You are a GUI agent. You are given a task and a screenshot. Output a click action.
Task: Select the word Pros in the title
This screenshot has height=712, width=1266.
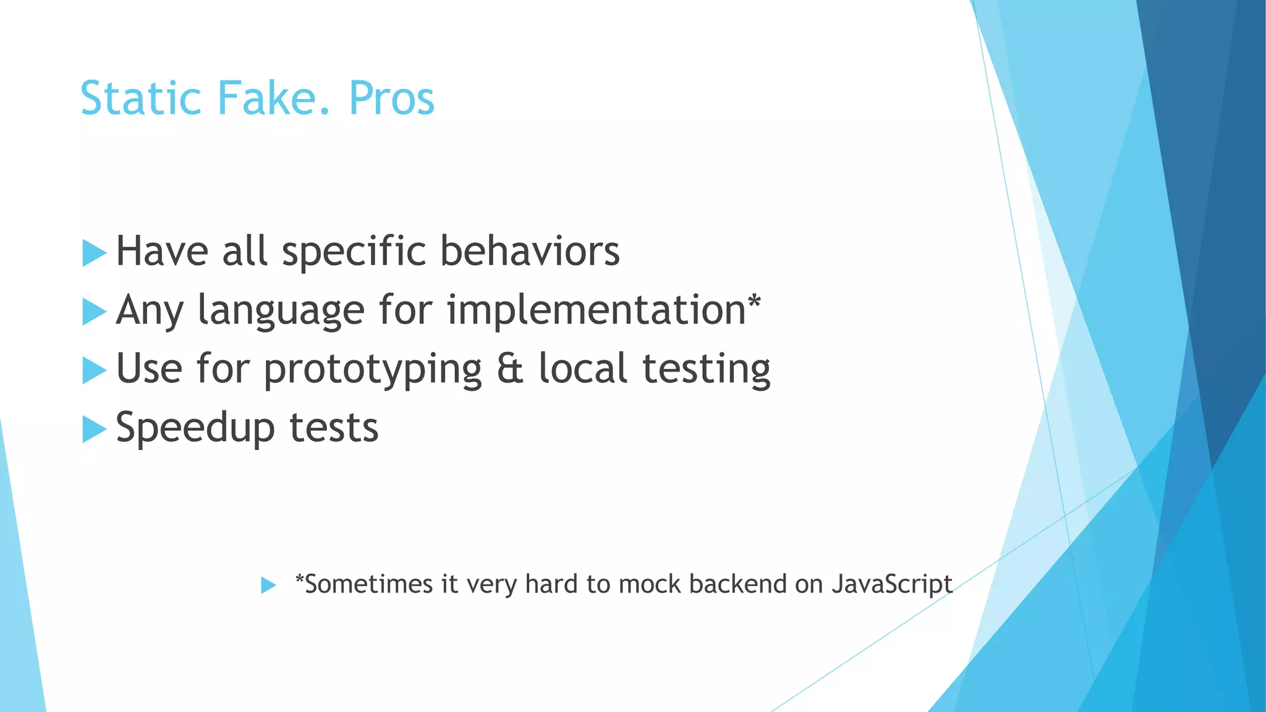tap(392, 99)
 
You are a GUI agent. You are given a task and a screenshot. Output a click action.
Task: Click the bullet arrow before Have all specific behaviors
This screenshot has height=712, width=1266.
tap(94, 253)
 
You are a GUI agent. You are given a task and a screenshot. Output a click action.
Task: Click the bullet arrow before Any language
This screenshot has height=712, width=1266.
tap(94, 311)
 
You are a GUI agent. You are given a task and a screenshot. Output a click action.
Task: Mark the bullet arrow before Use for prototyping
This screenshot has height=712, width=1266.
tap(94, 370)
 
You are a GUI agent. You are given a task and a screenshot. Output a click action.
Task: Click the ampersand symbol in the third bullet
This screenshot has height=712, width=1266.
tap(510, 369)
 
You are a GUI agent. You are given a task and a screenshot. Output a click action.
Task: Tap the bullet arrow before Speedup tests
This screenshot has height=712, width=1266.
tap(94, 429)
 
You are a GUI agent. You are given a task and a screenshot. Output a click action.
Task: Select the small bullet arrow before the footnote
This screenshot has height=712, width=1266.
tap(268, 585)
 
